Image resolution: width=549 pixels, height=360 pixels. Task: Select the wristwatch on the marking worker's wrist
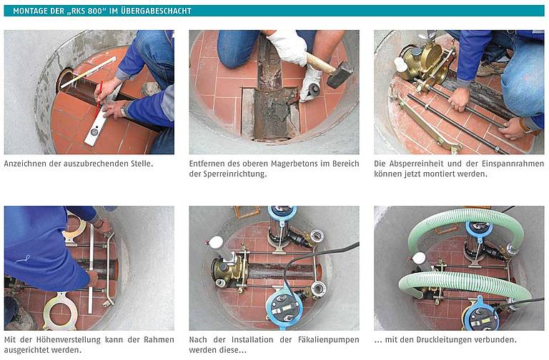(123, 111)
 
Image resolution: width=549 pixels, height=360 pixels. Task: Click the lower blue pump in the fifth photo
(284, 306)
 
